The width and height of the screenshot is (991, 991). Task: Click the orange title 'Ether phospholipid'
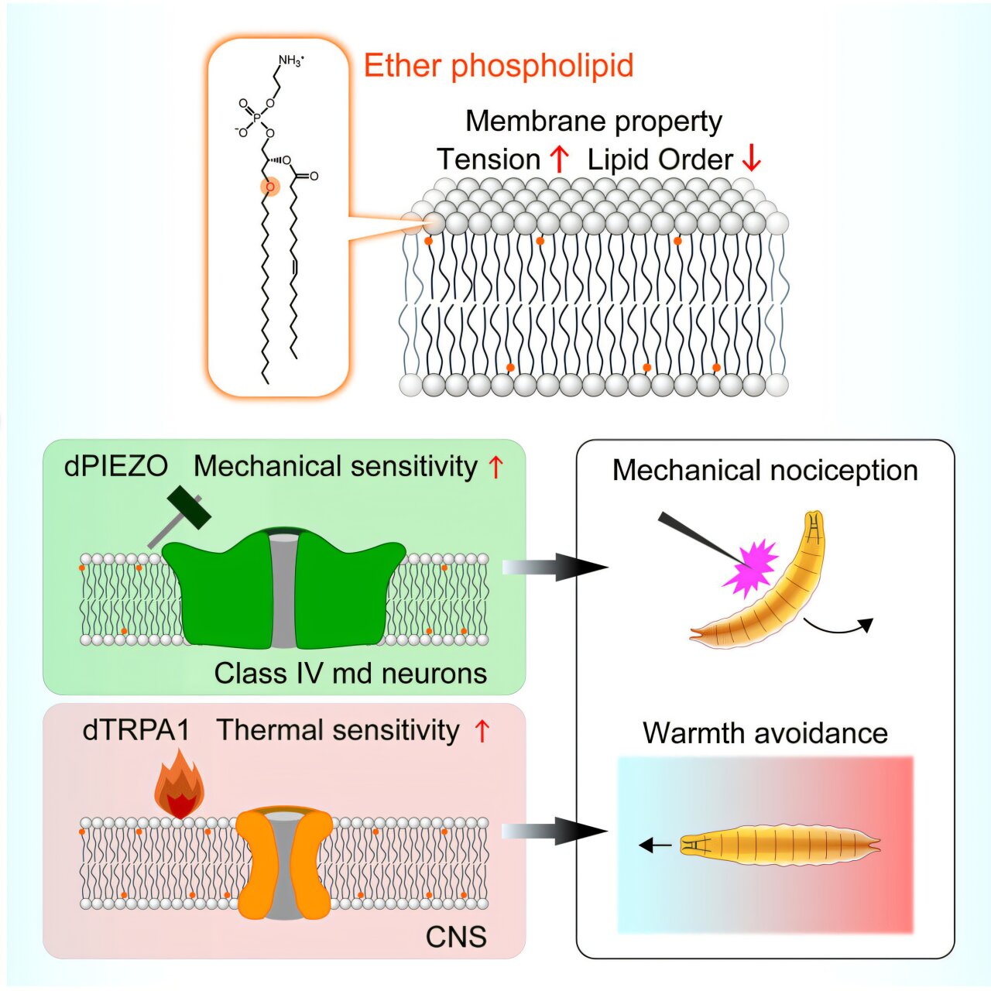(499, 66)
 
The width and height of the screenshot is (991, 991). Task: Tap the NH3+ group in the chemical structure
(291, 60)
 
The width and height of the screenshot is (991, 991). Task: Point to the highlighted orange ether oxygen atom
(269, 187)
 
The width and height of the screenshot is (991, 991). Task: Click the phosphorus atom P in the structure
(257, 118)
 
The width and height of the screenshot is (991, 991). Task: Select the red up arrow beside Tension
(559, 159)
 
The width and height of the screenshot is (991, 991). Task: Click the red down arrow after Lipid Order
(751, 159)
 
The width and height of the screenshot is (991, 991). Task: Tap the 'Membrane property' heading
(594, 122)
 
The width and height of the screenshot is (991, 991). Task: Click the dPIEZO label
(116, 466)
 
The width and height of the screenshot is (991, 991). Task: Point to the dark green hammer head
(189, 506)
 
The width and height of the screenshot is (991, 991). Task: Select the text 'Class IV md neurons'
(351, 673)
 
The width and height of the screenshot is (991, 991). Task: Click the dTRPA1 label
(135, 730)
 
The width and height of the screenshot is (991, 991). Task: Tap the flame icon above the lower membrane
(179, 787)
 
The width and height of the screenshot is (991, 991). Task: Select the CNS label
(456, 937)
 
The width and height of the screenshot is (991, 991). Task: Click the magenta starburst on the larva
(750, 568)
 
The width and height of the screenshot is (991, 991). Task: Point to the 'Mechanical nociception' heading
(765, 471)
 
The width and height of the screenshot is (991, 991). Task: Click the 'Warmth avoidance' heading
(765, 732)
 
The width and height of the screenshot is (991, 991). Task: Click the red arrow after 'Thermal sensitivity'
(482, 731)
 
